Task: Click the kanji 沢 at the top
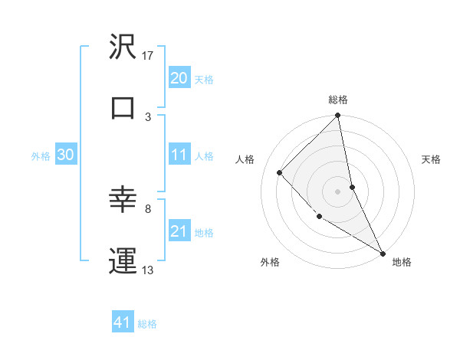click(x=123, y=48)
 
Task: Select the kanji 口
click(x=123, y=108)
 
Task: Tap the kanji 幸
click(x=123, y=201)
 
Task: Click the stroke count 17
click(x=149, y=57)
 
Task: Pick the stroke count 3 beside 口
click(x=148, y=116)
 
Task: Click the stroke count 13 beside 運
click(x=149, y=269)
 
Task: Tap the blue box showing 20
click(x=179, y=78)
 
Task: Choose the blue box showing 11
click(x=179, y=155)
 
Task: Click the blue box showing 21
click(x=179, y=231)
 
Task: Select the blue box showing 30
click(x=66, y=155)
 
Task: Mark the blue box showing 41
click(x=123, y=323)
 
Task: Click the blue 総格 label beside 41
click(x=147, y=324)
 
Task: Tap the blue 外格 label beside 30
click(x=41, y=155)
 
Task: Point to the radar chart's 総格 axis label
click(x=338, y=100)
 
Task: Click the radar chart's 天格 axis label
click(x=432, y=159)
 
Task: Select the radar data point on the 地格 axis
click(x=383, y=253)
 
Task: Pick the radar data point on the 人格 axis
click(x=280, y=172)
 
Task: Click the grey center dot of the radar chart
click(x=338, y=191)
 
